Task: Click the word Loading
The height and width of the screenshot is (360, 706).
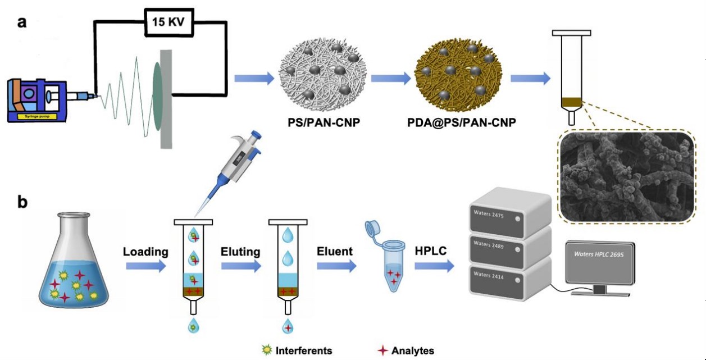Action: click(x=146, y=252)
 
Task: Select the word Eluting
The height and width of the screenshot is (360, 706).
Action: click(x=240, y=252)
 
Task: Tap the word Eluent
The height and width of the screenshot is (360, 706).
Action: click(x=334, y=252)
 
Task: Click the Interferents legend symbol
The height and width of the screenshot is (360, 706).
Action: click(x=267, y=350)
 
